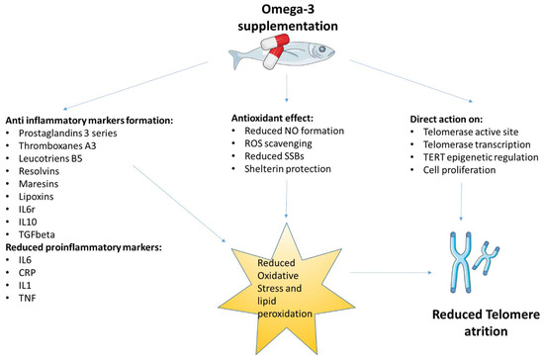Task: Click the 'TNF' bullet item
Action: point(33,300)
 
